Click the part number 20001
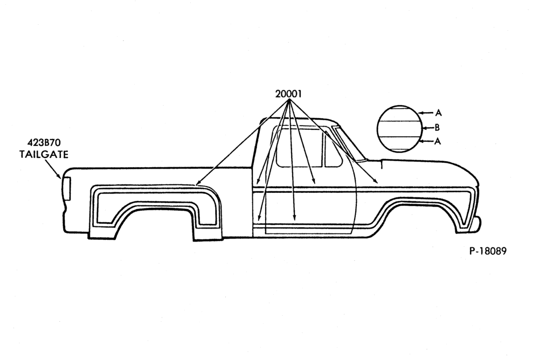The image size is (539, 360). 288,94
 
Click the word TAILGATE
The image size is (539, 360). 44,154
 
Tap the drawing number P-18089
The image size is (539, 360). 488,251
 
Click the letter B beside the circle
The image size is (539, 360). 437,128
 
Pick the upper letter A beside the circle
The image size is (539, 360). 438,113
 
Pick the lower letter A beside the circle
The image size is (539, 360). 437,141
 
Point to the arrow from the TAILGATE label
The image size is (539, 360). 53,170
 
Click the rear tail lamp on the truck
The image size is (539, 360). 66,189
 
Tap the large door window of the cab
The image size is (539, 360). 299,146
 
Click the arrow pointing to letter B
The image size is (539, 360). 428,128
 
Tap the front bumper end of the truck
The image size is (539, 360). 477,224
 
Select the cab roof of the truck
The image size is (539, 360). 298,120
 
